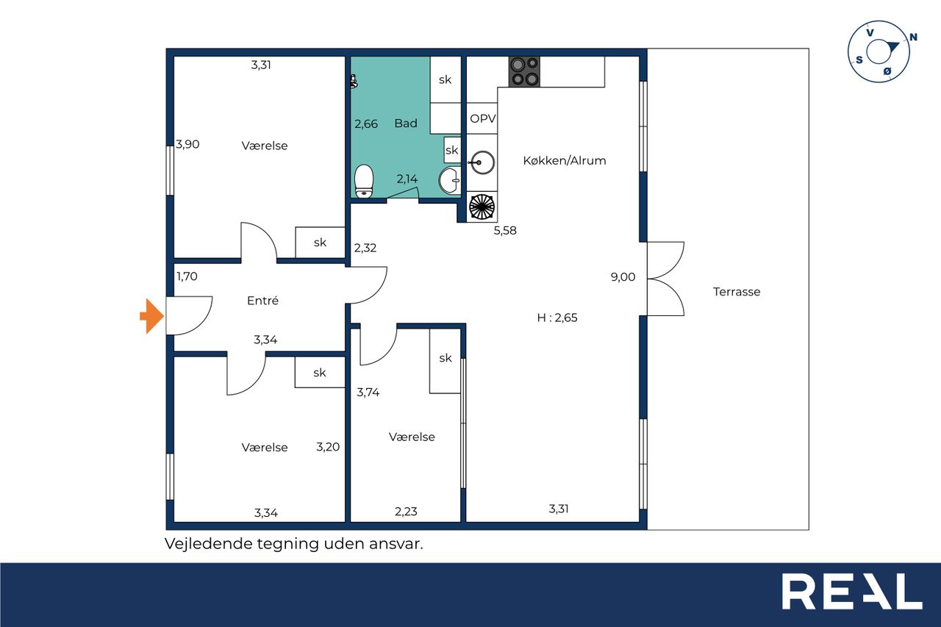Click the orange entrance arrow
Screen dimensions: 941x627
pos(151,316)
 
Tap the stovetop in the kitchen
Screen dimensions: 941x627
pos(524,72)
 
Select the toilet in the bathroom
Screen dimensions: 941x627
pos(364,181)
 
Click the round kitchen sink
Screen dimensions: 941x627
pos(482,162)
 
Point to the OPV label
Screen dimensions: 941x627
pos(483,119)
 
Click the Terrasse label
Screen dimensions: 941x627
pos(737,292)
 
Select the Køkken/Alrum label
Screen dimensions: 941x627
pos(564,160)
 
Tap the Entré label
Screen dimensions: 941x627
pos(262,301)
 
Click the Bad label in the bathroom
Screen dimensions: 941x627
pos(406,123)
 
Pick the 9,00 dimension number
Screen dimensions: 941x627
pos(623,277)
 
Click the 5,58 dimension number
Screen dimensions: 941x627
pos(505,230)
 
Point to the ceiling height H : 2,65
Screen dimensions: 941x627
pos(557,318)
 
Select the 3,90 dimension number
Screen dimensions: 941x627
pos(187,144)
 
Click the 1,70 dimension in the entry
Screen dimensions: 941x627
pos(187,276)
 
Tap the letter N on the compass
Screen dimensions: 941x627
pos(913,37)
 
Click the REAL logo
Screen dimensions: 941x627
pos(852,592)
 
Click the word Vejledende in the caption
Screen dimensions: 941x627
pos(209,544)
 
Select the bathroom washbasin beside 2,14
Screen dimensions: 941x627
pos(449,180)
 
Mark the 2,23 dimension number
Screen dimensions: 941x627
pos(406,511)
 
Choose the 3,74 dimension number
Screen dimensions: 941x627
pos(368,392)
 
